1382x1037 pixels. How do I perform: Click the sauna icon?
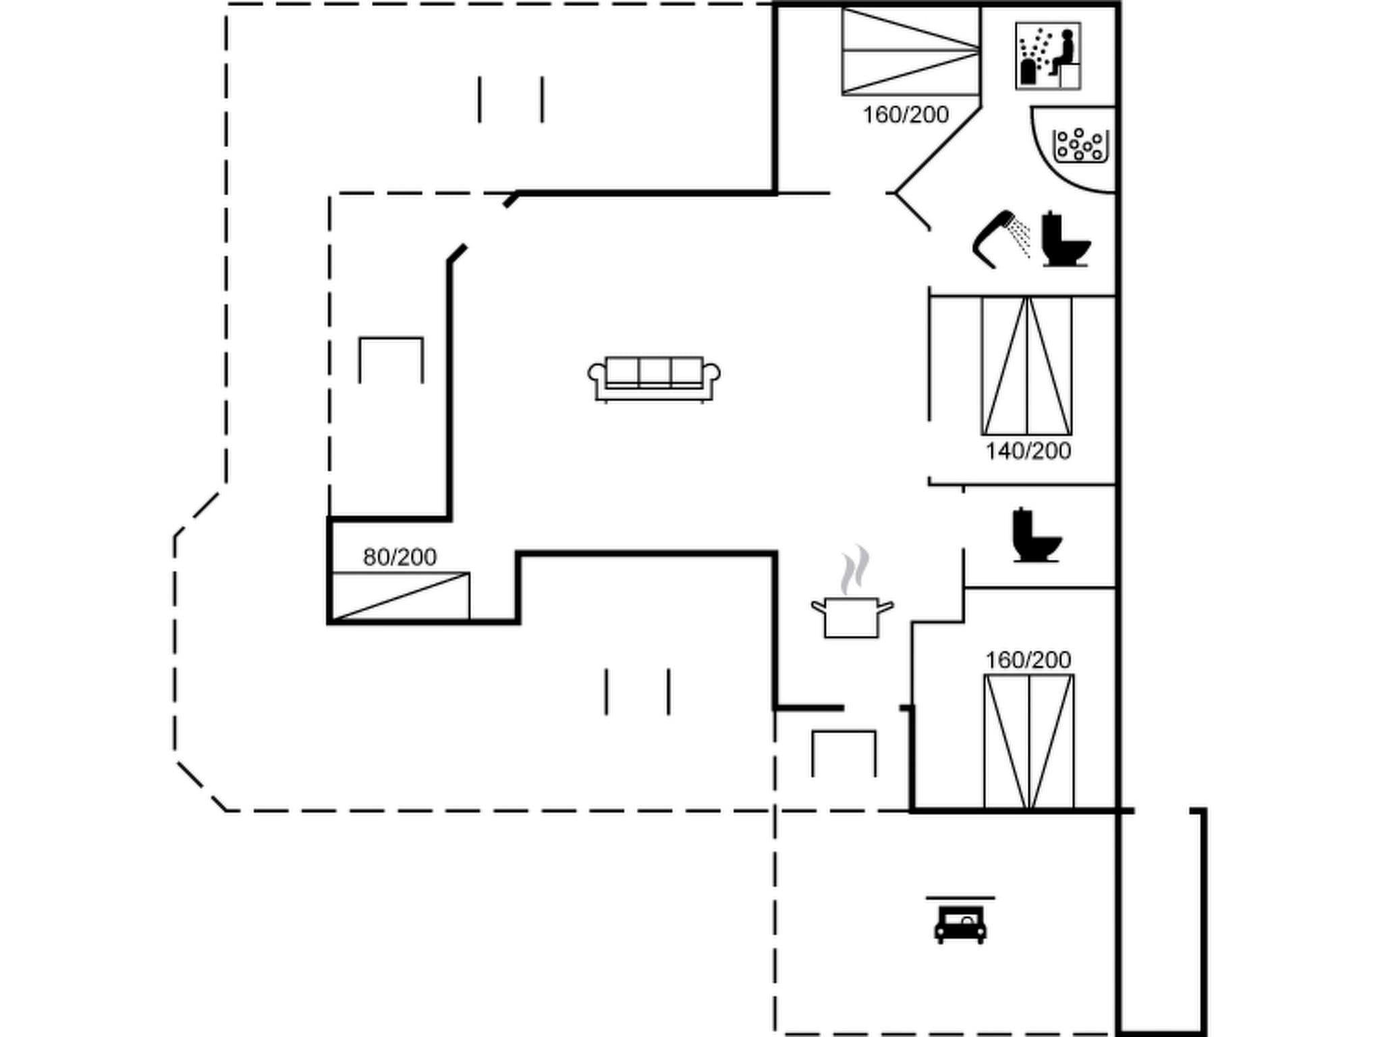1047,56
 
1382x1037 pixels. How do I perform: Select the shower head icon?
1001,238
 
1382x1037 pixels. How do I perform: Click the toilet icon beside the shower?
1065,240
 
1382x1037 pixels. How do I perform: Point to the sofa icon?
654,379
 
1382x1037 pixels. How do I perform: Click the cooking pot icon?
852,616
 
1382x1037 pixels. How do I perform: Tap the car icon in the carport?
960,923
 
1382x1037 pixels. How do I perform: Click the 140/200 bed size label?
1028,451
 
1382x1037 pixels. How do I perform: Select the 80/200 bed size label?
399,557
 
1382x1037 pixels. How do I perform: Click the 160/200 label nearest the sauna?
906,115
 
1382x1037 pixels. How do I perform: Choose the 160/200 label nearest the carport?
1028,660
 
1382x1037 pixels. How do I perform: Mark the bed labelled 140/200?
1026,365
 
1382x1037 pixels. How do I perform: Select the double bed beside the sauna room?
910,51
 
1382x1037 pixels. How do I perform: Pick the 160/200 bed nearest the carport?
1028,741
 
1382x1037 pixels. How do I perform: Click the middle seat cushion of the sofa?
654,371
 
